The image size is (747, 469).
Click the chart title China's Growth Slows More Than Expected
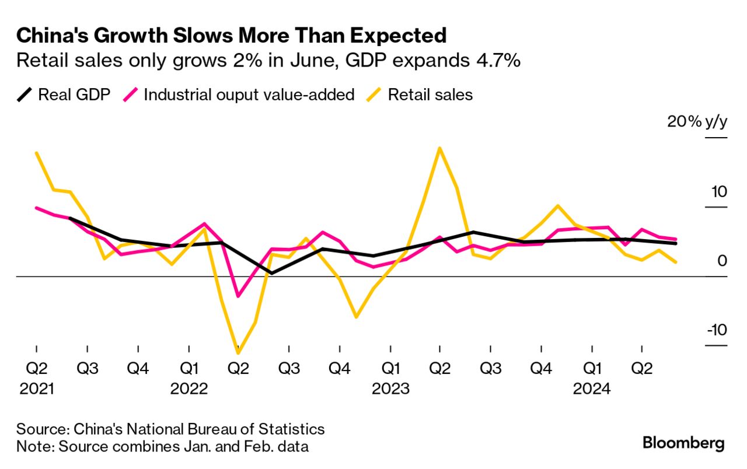tap(231, 36)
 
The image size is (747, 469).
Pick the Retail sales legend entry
tap(421, 94)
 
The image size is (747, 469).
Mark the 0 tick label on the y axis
tap(722, 261)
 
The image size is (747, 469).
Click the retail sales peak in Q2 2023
tap(439, 148)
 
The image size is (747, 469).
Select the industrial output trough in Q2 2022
tap(238, 296)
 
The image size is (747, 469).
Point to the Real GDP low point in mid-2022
tap(271, 272)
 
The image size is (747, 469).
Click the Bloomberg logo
tap(683, 443)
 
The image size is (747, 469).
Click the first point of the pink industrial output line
tap(36, 208)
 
